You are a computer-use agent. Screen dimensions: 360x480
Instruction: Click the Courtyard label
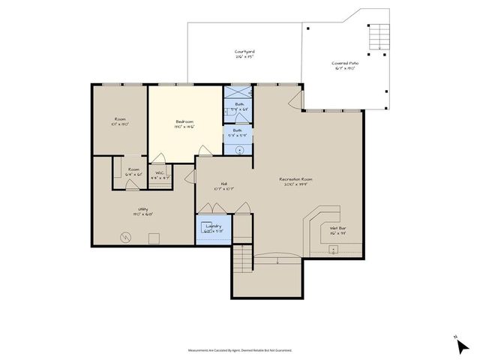244,52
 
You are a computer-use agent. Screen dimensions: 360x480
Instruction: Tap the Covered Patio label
345,64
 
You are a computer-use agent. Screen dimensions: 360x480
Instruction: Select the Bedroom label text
184,121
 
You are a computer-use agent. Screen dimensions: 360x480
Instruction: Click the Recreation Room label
295,179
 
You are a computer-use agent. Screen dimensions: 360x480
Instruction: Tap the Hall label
223,184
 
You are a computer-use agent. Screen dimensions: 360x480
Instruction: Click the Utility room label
142,209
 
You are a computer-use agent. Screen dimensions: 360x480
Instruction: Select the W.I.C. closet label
160,173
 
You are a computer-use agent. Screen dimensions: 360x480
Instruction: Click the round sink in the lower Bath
239,149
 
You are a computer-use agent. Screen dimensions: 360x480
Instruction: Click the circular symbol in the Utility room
126,238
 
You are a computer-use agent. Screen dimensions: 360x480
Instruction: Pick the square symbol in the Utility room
154,238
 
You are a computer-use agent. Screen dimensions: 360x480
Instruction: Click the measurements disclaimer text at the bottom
240,350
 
